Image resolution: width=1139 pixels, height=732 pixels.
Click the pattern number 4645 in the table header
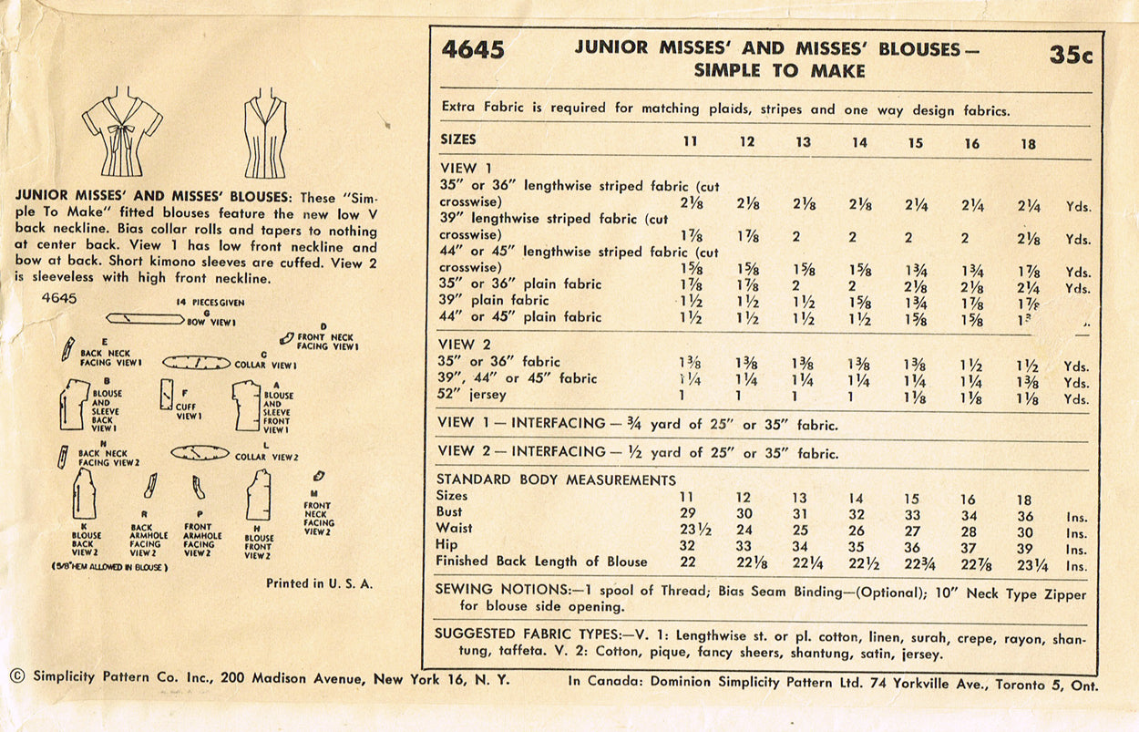tap(473, 50)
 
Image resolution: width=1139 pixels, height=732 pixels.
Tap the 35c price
tap(1070, 55)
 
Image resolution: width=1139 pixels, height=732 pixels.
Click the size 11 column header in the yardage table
tap(690, 142)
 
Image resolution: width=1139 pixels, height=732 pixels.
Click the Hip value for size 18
tap(1026, 547)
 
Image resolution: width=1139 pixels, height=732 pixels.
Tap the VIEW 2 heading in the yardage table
tap(468, 345)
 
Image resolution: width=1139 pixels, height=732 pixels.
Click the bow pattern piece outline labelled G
tap(146, 318)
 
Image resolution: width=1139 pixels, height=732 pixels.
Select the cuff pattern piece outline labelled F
tap(167, 394)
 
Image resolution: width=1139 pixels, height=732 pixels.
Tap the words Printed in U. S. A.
tap(319, 583)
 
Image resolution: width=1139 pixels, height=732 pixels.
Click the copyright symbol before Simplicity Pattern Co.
tap(16, 676)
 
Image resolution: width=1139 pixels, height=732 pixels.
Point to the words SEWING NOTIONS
tap(493, 590)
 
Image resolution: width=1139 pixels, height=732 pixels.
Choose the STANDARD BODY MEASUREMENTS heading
tap(556, 479)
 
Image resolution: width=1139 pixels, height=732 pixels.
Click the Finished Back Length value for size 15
tap(914, 563)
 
